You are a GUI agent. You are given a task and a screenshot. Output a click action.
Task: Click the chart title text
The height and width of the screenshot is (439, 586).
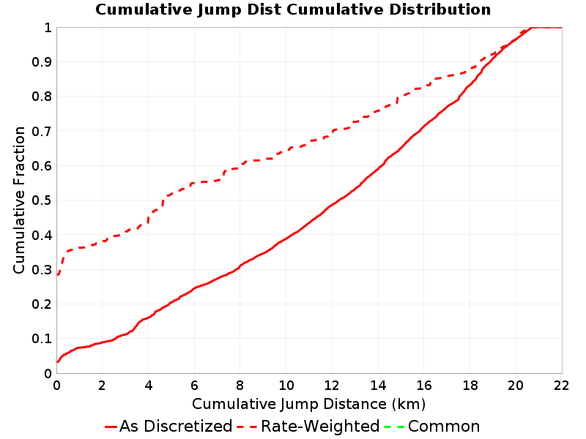tap(293, 10)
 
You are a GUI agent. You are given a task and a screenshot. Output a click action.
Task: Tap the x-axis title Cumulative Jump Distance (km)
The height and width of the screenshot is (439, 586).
tap(308, 405)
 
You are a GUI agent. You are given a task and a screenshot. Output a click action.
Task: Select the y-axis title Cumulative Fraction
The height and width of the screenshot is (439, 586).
tap(19, 200)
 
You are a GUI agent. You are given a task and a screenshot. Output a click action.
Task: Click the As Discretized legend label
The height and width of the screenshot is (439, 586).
tap(176, 427)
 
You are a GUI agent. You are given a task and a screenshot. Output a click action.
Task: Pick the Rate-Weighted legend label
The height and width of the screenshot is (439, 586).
tap(320, 427)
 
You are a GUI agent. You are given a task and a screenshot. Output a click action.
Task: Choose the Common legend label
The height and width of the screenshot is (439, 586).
tap(444, 427)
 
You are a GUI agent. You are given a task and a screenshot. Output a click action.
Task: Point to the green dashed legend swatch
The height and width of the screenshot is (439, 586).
tap(394, 427)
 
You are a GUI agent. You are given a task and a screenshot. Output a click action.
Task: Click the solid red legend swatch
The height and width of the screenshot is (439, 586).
tap(111, 427)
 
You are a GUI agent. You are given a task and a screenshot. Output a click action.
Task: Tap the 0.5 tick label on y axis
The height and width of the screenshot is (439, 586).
tap(42, 200)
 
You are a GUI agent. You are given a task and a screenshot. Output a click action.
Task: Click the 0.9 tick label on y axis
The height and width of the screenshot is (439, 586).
tap(42, 62)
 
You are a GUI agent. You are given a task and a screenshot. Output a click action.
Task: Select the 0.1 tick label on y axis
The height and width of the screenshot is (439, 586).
tap(42, 339)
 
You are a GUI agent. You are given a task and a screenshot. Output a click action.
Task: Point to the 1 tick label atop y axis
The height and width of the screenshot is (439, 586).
tap(48, 28)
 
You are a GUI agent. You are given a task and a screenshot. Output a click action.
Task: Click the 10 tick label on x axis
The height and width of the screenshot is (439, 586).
tap(286, 386)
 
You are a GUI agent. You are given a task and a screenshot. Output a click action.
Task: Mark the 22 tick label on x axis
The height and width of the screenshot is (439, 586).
tap(561, 386)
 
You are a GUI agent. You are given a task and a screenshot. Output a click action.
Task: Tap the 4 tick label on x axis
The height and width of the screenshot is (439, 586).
tap(149, 386)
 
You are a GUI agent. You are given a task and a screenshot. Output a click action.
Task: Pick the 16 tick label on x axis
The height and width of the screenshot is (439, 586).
tap(424, 386)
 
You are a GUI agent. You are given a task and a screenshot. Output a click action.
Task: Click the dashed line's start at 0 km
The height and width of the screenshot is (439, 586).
tap(57, 275)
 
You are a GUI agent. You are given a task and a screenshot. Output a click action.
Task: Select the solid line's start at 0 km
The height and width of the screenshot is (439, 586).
tap(57, 361)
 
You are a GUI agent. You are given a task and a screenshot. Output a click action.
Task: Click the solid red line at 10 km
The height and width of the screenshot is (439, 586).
tap(286, 239)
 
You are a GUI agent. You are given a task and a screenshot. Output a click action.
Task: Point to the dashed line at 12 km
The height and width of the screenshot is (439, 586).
tap(332, 131)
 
